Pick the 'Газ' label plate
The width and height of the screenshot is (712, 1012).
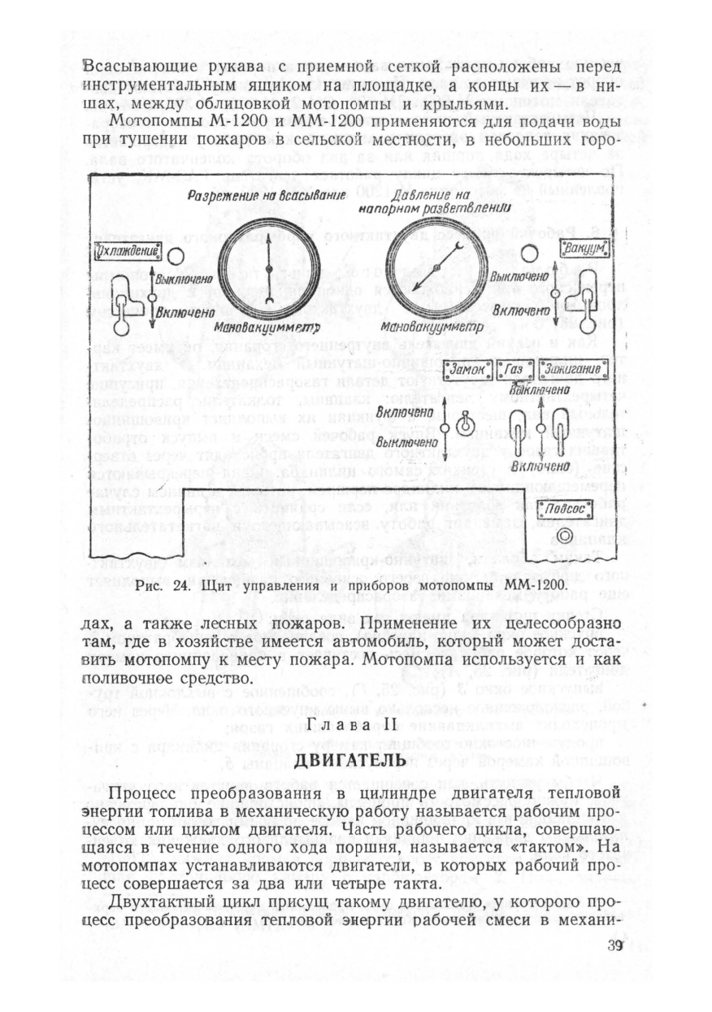point(514,371)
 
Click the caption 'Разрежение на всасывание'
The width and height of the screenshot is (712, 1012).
point(267,195)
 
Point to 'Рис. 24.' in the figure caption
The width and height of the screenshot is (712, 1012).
point(158,585)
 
